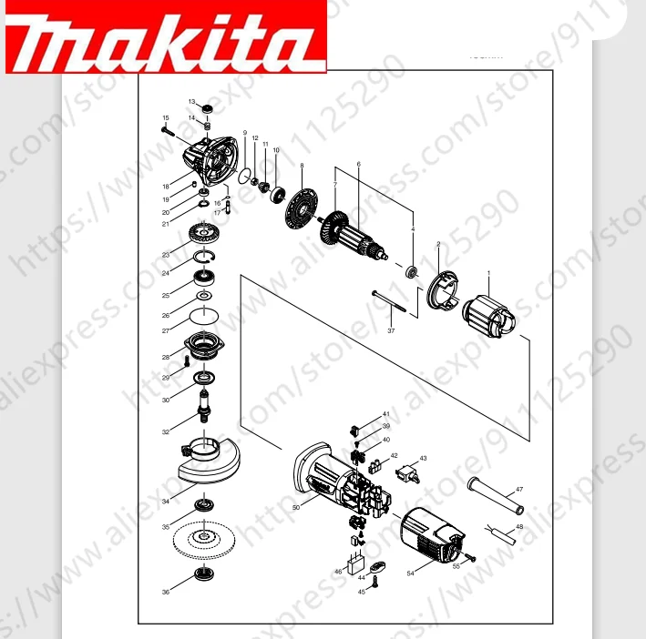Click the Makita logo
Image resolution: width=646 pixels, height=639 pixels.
(164, 38)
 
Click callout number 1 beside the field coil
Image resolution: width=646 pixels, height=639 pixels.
(488, 273)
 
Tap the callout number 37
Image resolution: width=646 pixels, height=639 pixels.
(391, 330)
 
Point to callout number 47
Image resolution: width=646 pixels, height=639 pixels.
(519, 490)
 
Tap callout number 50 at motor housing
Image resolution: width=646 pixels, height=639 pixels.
(296, 506)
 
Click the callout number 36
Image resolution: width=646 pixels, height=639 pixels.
(166, 593)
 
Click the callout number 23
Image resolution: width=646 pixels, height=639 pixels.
(166, 254)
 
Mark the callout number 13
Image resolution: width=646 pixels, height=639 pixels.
(191, 101)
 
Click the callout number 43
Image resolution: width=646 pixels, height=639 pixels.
(423, 459)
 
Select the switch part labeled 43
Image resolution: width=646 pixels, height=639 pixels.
(408, 472)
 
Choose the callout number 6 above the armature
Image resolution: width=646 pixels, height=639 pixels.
(359, 164)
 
